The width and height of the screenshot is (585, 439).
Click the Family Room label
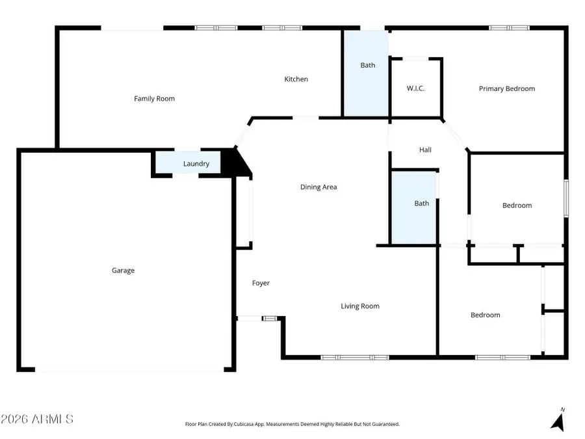coord(154,99)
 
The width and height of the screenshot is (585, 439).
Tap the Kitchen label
coord(296,79)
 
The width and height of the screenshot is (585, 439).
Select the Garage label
coord(123,271)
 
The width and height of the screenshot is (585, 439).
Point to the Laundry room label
coord(196,164)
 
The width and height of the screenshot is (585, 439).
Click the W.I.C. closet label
coord(415,88)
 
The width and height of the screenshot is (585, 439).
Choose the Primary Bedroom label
coord(506,88)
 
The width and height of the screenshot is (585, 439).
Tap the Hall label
coord(425,150)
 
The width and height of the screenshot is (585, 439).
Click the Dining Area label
coord(318,187)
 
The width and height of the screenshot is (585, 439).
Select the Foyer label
coord(261,283)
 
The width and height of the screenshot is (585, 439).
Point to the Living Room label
coord(360,306)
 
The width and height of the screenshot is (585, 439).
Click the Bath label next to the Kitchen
coord(368,65)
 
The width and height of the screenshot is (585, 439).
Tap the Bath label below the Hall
coord(422,204)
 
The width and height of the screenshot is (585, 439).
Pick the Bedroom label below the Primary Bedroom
coord(517,206)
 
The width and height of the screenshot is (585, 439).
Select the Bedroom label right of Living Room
coord(486,315)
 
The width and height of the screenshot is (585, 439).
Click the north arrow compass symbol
coord(558,420)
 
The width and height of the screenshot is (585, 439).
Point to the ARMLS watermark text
coord(37,419)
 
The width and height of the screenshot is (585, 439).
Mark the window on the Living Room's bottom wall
coord(354,357)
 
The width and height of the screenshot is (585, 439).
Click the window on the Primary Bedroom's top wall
coord(509,28)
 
